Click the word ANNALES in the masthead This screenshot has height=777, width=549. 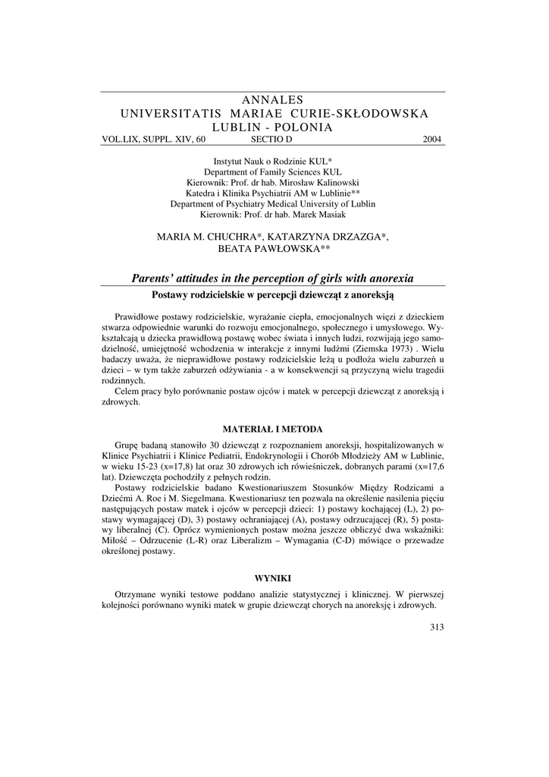274,100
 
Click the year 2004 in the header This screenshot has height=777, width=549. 432,140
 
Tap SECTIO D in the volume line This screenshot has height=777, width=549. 271,140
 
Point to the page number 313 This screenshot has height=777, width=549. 436,626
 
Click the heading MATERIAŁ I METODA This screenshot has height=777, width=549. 274,428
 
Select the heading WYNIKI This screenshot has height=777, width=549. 274,577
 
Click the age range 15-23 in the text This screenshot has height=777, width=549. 150,467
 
